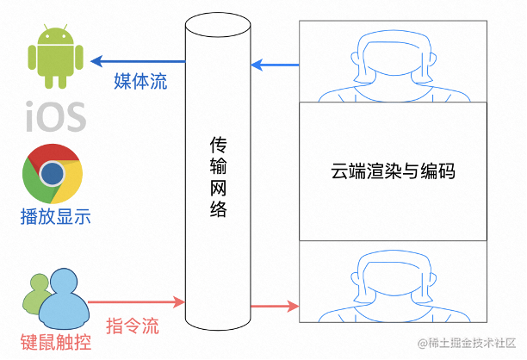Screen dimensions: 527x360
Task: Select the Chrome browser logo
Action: (x=53, y=173)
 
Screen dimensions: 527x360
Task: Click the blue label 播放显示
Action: (x=55, y=215)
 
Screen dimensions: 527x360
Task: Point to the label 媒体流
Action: (x=140, y=82)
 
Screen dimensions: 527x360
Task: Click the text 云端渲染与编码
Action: (x=393, y=171)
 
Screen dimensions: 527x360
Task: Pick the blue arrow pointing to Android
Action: (x=138, y=62)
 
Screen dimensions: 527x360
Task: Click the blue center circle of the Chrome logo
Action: (x=53, y=173)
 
